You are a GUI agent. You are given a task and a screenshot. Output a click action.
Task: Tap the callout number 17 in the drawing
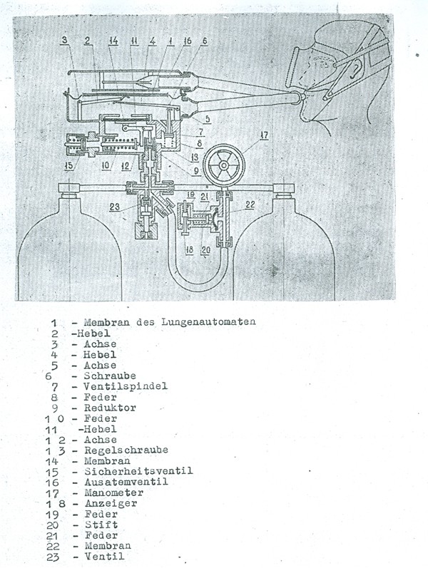tap(265, 133)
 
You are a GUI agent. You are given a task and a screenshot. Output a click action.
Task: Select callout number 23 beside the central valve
tap(114, 208)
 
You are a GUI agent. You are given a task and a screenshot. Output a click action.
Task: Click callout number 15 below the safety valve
tap(66, 166)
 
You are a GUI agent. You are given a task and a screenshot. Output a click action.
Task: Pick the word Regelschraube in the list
tap(136, 450)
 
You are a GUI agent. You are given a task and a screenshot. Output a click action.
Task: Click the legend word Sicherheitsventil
tap(148, 472)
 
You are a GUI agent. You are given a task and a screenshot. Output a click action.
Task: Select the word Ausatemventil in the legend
tap(137, 482)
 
